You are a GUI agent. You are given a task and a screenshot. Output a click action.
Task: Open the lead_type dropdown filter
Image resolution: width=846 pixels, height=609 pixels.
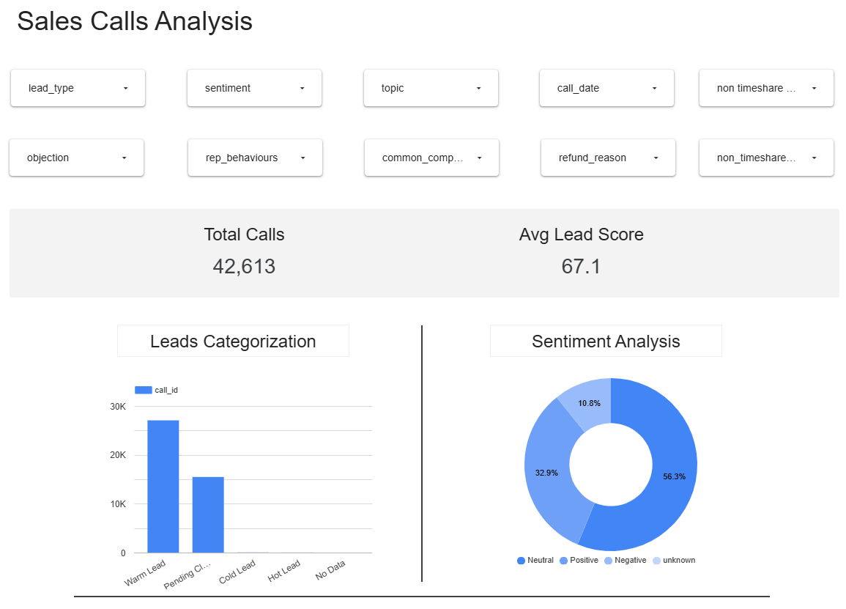point(78,88)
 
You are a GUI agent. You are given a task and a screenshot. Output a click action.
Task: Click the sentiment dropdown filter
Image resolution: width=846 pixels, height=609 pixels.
point(254,88)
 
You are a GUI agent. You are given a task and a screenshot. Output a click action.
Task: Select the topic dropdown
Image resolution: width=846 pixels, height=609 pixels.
point(431,88)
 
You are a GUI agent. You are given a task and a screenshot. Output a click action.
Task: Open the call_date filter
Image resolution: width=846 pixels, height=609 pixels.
point(606,88)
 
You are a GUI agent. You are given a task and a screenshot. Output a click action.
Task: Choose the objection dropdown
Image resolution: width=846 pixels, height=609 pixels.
point(76,158)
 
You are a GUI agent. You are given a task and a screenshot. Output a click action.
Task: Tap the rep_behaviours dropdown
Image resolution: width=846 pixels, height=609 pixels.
point(255,158)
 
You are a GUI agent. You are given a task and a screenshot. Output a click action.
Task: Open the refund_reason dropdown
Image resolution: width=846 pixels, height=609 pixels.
point(608,158)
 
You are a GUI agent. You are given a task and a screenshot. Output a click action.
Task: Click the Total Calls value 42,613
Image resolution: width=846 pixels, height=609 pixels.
point(244,266)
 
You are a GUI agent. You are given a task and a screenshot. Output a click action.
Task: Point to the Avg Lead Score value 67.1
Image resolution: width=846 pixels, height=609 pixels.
point(581,266)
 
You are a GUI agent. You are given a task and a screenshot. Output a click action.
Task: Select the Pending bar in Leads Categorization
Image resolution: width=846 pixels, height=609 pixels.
point(208,514)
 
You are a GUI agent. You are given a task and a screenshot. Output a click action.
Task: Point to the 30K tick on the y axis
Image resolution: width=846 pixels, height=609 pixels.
point(118,407)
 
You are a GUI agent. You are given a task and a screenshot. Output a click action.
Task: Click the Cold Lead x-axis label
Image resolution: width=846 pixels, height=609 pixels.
point(237,572)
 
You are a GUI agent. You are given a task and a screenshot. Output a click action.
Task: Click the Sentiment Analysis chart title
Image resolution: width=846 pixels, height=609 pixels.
point(606,342)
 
